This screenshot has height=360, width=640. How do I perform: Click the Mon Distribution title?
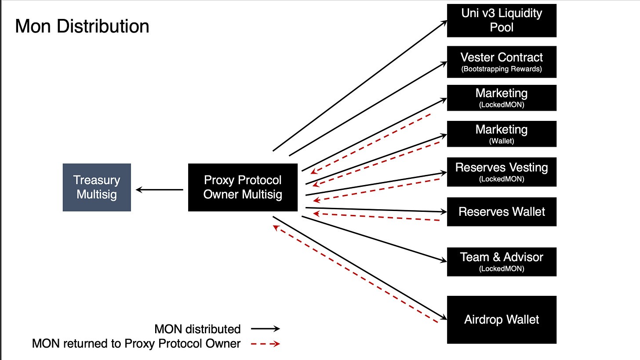[x=82, y=26]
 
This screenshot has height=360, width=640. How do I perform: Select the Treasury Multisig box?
[x=97, y=187]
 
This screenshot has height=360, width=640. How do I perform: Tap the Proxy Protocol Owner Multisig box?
[x=243, y=187]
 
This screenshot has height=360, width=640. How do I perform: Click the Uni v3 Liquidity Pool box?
[x=502, y=20]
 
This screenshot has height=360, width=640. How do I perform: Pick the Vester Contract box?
[x=502, y=62]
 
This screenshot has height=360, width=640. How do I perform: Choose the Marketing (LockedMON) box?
[x=502, y=98]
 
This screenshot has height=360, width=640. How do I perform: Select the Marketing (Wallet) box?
[x=502, y=134]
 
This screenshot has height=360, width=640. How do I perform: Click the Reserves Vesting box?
[x=502, y=171]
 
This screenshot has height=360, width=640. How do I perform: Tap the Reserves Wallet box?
[x=502, y=212]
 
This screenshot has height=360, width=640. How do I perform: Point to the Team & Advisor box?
[x=502, y=262]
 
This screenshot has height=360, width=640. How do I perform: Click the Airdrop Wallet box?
[x=502, y=320]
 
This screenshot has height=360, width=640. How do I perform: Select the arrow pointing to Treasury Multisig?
[x=159, y=190]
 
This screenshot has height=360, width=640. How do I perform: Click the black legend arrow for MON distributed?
[x=265, y=329]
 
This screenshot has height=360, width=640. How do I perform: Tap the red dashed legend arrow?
[x=265, y=344]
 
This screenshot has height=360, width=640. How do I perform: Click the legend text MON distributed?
[x=197, y=329]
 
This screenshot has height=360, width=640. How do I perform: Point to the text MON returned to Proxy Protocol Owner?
[x=136, y=344]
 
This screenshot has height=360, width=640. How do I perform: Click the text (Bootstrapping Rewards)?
[x=502, y=69]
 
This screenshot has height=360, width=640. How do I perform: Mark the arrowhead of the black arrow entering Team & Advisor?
[x=443, y=261]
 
